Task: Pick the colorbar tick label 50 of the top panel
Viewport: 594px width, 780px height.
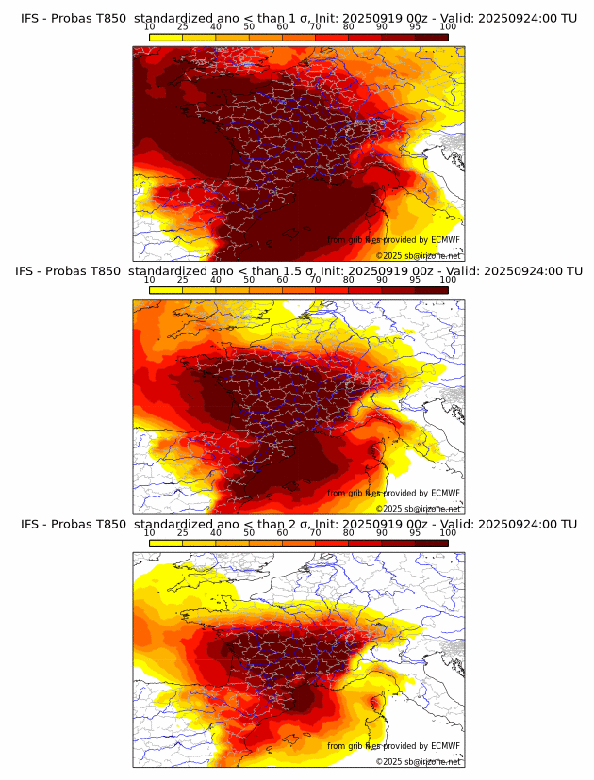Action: (x=249, y=27)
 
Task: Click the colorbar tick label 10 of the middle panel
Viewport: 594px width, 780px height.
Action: (x=150, y=280)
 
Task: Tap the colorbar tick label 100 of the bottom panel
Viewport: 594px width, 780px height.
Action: (x=448, y=532)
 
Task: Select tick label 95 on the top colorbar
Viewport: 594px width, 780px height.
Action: (x=415, y=27)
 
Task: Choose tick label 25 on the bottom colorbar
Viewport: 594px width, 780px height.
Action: (x=183, y=532)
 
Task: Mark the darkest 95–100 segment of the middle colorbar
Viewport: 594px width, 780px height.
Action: (x=431, y=290)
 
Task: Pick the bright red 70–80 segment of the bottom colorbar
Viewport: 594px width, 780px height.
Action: (x=332, y=544)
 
